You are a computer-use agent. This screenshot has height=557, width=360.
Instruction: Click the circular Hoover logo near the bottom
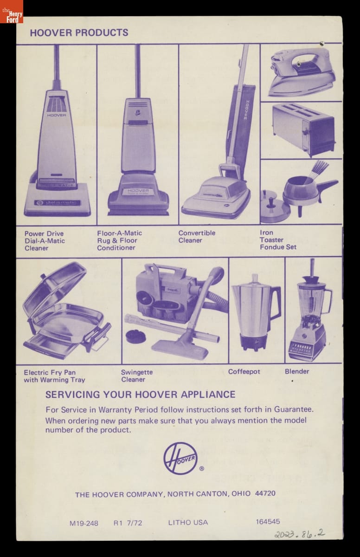click(180, 458)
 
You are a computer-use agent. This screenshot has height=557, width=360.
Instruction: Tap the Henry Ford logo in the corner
click(12, 12)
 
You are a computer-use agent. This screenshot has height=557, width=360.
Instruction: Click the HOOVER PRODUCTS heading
click(79, 32)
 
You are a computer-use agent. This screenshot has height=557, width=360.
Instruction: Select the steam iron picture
click(302, 72)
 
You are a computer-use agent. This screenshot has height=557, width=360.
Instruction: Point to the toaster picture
click(303, 130)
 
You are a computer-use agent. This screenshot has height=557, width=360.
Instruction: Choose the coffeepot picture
click(256, 312)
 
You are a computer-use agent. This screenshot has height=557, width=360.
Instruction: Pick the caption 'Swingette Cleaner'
click(137, 376)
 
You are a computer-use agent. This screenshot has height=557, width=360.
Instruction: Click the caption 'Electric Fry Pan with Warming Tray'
click(54, 376)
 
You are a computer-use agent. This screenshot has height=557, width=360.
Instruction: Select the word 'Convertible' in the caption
click(197, 233)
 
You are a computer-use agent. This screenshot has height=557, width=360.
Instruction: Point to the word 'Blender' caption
click(297, 371)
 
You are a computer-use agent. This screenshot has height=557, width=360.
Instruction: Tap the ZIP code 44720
click(265, 493)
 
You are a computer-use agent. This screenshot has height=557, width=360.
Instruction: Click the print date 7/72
click(135, 523)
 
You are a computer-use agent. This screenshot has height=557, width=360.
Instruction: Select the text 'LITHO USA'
click(188, 523)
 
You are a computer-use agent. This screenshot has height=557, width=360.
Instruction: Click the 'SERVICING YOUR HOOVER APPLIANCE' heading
click(141, 395)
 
